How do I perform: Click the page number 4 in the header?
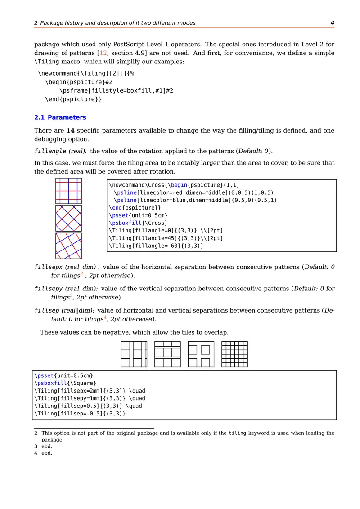332,23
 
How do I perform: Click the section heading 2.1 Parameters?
60,117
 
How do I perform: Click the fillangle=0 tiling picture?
68,191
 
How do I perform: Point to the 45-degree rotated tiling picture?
68,219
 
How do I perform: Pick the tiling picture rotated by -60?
68,246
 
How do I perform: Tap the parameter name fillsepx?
49,267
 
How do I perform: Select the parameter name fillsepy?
49,289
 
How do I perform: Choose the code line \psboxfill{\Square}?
65,383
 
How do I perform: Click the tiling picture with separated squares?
201,354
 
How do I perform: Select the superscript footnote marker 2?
81,273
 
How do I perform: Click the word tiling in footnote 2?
238,433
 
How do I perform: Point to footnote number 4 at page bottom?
36,453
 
